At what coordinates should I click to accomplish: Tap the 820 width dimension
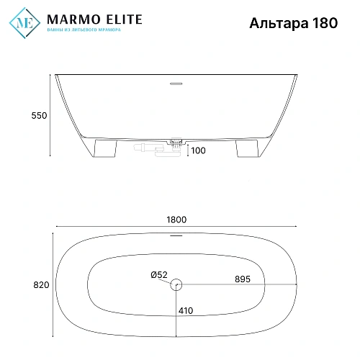[x=40, y=285]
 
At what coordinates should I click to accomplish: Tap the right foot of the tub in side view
[x=244, y=148]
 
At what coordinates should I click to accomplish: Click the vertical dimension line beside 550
[x=50, y=115]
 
